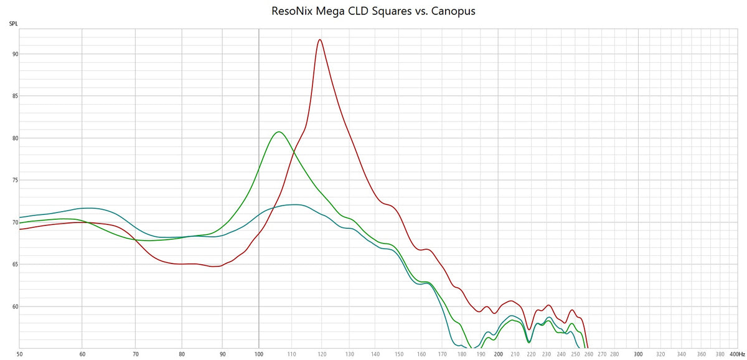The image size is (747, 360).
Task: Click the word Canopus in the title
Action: coord(455,11)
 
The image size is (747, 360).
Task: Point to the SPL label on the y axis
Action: coord(13,24)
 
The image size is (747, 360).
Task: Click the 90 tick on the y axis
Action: coord(14,54)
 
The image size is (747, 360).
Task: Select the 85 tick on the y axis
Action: coord(14,97)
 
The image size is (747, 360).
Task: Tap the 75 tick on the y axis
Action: coord(14,181)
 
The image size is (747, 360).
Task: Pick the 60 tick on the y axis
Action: coord(14,306)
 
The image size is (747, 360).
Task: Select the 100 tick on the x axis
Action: coord(259,354)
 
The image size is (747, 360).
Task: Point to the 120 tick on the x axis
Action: coord(322,354)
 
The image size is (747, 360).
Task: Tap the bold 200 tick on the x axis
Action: coord(498,354)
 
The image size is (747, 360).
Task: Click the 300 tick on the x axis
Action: coord(638,354)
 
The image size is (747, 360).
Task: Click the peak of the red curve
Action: coord(319,39)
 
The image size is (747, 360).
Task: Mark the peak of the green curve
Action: coord(278,131)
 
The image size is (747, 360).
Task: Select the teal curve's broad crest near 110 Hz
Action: coord(294,204)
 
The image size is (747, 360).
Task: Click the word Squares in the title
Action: coord(390,11)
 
